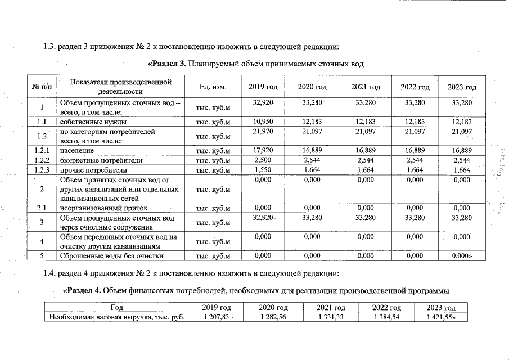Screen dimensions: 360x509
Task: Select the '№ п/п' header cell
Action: coord(42,87)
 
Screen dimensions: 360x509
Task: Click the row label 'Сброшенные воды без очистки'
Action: coord(111,256)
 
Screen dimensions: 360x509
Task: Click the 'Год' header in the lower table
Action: coord(117,308)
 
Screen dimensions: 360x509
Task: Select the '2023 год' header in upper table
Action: coord(462,87)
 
